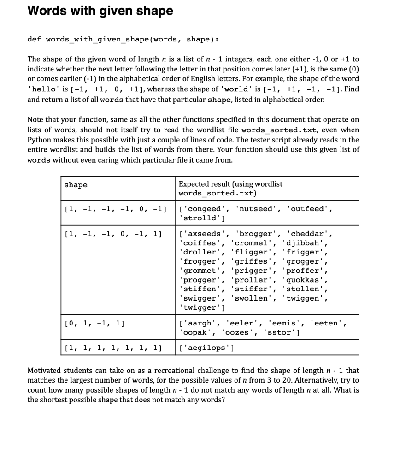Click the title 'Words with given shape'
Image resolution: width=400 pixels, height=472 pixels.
(100, 11)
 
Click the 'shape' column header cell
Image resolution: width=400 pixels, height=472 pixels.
(76, 185)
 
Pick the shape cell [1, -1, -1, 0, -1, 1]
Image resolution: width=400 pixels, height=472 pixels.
(112, 234)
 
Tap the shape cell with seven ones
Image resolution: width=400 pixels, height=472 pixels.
(112, 348)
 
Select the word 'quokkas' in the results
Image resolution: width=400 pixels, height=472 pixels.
(306, 280)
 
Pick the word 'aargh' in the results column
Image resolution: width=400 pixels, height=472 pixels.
(198, 324)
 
